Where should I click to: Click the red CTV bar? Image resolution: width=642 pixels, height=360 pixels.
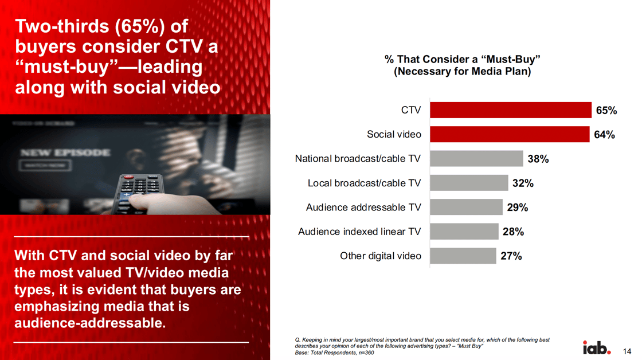511,110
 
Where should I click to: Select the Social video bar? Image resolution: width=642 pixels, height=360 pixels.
510,134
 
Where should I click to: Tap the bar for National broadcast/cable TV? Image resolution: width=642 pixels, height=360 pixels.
476,158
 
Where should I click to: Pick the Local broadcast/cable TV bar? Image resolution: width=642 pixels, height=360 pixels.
469,183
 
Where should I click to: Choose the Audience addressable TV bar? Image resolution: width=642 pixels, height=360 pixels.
467,208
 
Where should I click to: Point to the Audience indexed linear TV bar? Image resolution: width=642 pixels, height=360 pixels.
464,232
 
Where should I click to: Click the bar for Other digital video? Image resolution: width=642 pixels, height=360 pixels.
463,256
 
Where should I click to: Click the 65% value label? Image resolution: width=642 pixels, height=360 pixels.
606,111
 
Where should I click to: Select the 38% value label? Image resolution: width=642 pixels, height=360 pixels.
538,159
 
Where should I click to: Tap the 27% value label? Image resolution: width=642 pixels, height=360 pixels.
511,256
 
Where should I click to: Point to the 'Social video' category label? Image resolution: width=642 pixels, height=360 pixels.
394,134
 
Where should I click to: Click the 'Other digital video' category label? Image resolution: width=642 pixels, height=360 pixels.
381,256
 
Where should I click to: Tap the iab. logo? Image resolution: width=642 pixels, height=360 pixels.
597,348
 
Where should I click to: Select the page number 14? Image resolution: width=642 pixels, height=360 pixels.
627,351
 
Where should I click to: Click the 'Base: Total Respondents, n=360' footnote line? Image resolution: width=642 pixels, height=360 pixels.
335,353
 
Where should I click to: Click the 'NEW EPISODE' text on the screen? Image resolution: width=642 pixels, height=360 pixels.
65,152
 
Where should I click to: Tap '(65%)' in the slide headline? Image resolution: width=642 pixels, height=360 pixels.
140,26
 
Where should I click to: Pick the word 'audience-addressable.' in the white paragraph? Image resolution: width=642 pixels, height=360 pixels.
90,323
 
